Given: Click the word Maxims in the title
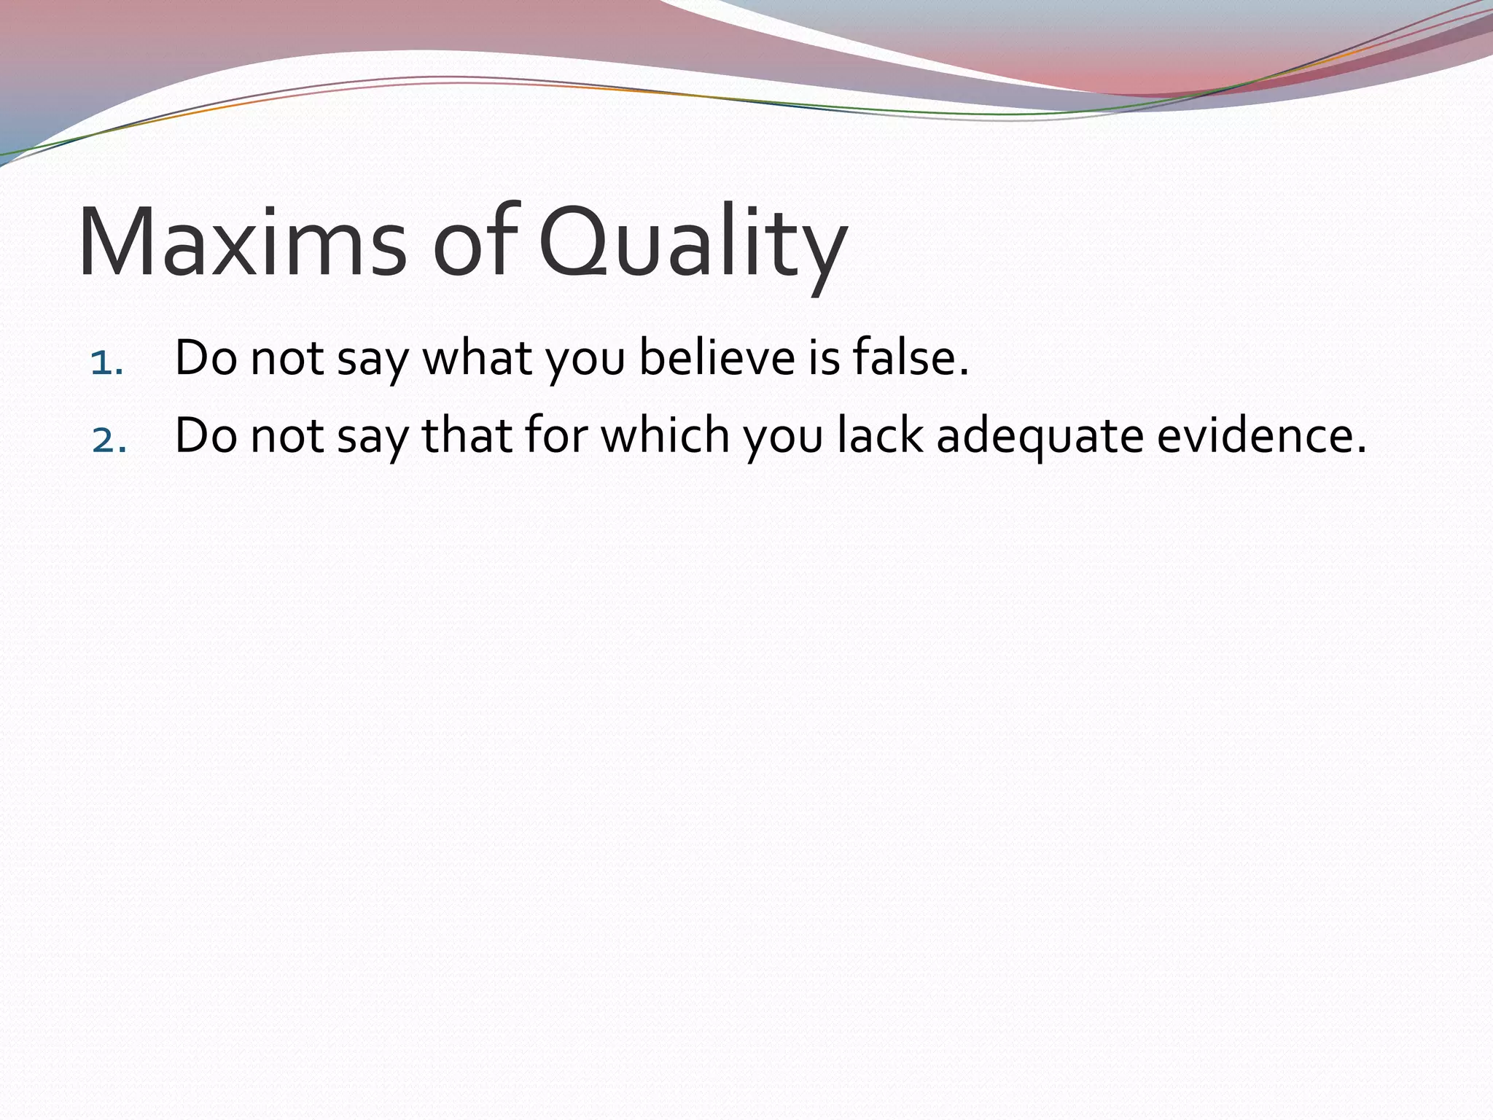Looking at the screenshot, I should [241, 243].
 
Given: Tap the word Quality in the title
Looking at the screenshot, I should [693, 243].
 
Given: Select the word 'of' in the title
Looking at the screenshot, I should [475, 243].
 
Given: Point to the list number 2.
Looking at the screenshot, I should [109, 440].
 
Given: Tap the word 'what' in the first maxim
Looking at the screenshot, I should [477, 358].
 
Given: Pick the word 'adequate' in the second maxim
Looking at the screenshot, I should [1040, 436].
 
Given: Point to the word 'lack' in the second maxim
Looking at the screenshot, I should [879, 436].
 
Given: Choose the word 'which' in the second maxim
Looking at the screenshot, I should [664, 436].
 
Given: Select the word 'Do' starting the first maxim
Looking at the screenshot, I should [206, 358].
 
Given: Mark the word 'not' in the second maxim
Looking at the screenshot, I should [287, 436].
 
